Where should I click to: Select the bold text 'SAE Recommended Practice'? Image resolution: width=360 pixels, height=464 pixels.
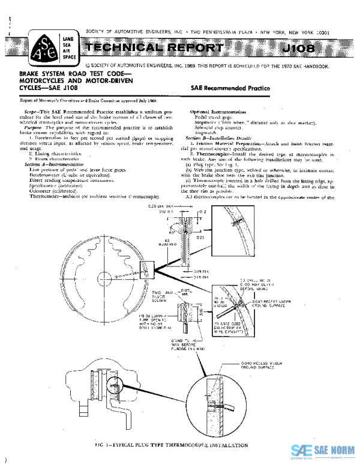tap(230, 88)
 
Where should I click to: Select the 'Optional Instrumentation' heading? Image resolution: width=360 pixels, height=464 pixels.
tap(217, 112)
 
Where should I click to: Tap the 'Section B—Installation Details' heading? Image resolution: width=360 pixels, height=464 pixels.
tap(218, 137)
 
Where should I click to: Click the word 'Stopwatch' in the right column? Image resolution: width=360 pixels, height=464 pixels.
tap(207, 133)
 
